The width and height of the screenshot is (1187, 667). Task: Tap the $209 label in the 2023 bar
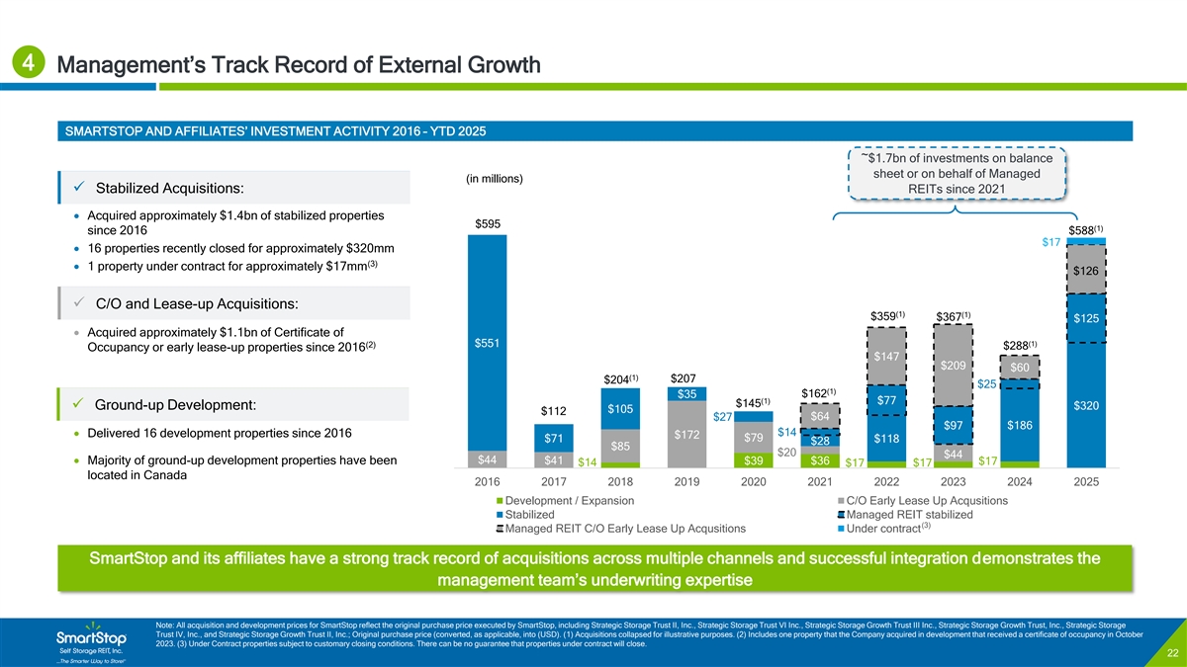tap(955, 365)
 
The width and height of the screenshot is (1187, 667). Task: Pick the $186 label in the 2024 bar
tap(1020, 425)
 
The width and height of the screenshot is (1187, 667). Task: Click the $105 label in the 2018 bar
tap(620, 409)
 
